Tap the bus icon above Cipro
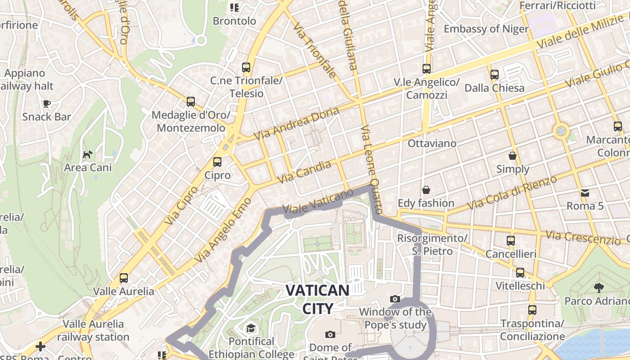click(x=217, y=162)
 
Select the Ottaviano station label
click(x=432, y=144)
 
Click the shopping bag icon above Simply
click(x=512, y=156)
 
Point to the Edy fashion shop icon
click(x=426, y=190)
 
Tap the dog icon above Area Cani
click(x=87, y=155)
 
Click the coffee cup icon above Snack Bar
click(x=46, y=104)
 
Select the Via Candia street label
click(x=304, y=172)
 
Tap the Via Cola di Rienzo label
click(x=512, y=193)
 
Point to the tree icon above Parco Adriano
click(x=598, y=288)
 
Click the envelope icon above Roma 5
click(x=585, y=193)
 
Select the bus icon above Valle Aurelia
click(x=124, y=278)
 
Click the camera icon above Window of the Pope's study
click(x=395, y=299)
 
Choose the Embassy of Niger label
click(x=486, y=29)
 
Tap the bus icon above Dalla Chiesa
click(x=494, y=74)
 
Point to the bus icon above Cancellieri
click(x=510, y=241)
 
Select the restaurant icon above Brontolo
click(x=234, y=7)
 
